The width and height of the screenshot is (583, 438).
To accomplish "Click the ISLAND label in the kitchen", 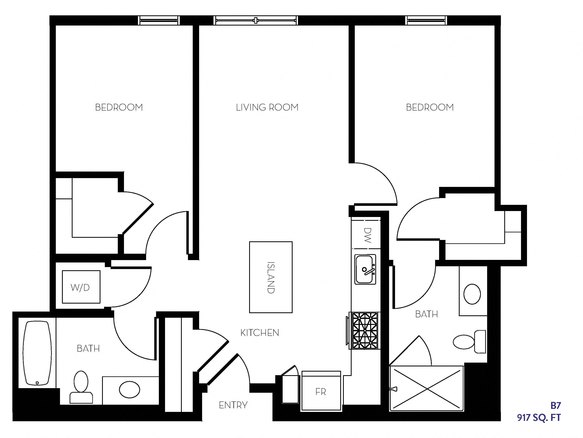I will [x=271, y=277].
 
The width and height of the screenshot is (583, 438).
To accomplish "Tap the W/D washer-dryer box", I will [x=81, y=287].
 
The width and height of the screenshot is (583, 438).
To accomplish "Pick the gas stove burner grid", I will [x=365, y=331].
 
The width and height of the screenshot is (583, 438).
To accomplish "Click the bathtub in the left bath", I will [x=37, y=353].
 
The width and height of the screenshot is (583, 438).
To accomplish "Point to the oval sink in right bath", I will [x=472, y=294].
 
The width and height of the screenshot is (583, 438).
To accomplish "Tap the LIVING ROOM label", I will [x=267, y=107].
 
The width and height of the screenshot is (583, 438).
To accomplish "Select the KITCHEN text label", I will [x=260, y=333].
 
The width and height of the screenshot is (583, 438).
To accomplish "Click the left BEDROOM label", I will [x=119, y=107].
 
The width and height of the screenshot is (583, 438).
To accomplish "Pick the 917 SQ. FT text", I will [x=539, y=418].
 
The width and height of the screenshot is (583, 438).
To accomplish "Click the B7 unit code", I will [x=555, y=405].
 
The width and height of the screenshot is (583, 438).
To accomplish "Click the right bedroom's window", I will [x=426, y=20].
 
